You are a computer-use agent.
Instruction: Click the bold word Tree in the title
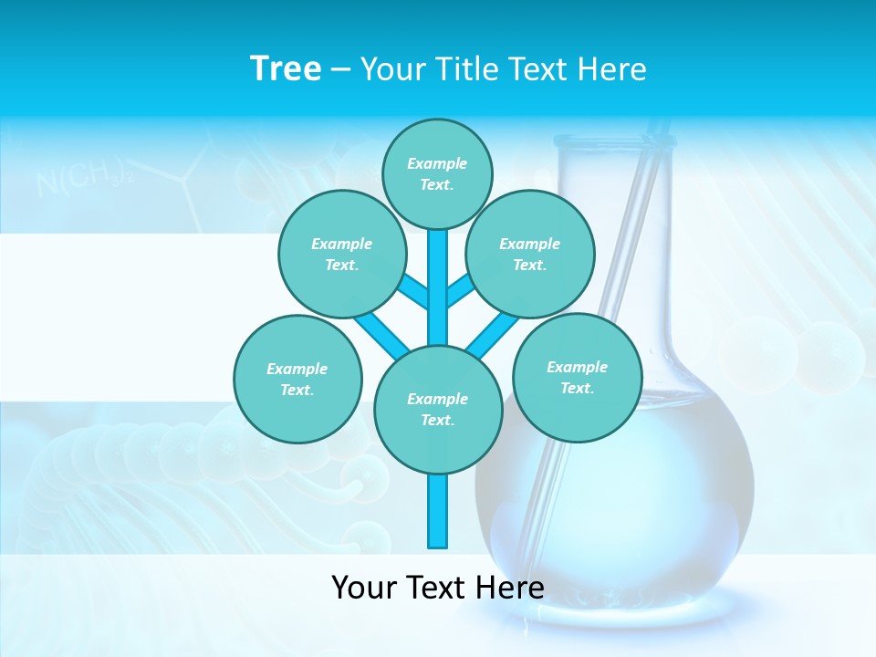286,68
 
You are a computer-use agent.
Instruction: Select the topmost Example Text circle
437,173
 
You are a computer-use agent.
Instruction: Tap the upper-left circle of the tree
341,254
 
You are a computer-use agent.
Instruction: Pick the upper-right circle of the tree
530,254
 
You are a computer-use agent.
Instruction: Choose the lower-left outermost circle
297,379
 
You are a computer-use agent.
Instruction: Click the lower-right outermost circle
577,377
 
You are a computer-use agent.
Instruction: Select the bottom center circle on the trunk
438,409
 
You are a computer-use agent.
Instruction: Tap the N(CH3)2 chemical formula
83,178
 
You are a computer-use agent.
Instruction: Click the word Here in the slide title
612,68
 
